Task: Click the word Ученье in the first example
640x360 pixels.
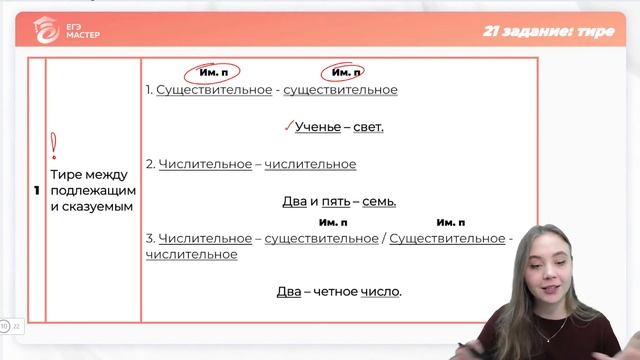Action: (317, 127)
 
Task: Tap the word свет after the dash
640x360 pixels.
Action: (368, 127)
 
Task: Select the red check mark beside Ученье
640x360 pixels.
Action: (287, 125)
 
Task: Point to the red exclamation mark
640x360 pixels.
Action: (53, 148)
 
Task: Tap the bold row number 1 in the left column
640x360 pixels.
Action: (37, 190)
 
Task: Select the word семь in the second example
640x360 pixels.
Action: (379, 201)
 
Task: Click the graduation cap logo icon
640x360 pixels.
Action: (42, 29)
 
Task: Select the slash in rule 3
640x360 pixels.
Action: (383, 238)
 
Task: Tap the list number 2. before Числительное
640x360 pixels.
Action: (149, 164)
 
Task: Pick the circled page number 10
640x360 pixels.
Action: (4, 326)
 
